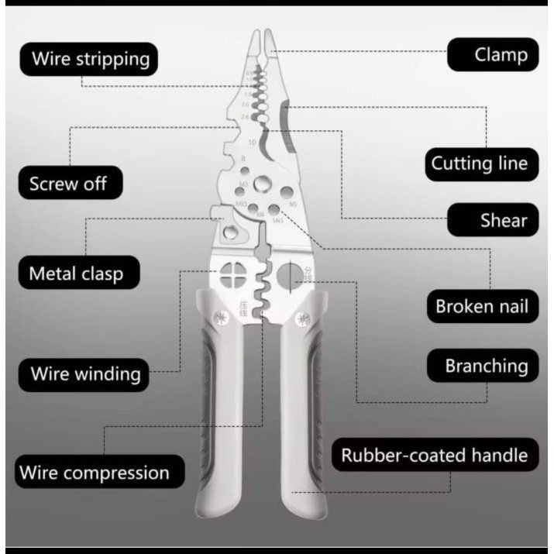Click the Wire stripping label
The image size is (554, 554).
(x=89, y=59)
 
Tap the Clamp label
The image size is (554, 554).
(x=493, y=55)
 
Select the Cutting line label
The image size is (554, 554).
(x=480, y=163)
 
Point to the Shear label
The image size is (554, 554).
(x=493, y=220)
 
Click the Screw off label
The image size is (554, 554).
(x=68, y=184)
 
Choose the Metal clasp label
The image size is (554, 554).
(x=75, y=274)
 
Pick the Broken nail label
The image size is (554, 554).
(x=481, y=306)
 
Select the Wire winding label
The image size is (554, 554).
(x=85, y=373)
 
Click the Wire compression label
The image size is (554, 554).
(x=94, y=472)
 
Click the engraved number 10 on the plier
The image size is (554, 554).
(x=253, y=143)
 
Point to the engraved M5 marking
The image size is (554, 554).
(x=293, y=205)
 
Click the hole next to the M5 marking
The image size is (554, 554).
(x=286, y=192)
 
